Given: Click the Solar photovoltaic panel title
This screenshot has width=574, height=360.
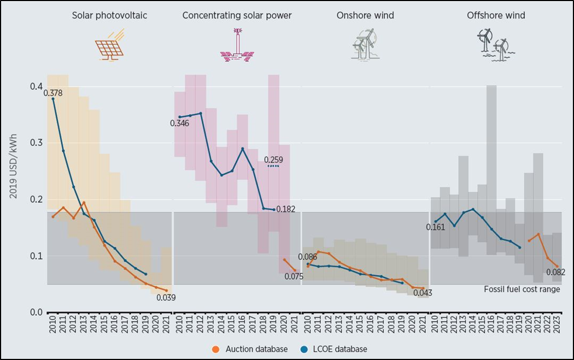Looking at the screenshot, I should point(109,15).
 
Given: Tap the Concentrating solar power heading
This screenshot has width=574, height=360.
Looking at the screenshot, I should point(237,15).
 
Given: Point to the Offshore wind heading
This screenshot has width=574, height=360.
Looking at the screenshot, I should point(496,15).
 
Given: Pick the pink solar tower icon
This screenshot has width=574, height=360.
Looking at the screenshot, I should point(237,44).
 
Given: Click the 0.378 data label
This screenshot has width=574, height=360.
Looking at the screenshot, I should point(53,93).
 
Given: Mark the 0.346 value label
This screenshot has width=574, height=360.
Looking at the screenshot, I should point(179,123).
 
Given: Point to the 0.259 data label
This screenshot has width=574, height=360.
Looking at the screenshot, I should point(273,160).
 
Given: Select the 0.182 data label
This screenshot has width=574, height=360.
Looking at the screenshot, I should point(286,209).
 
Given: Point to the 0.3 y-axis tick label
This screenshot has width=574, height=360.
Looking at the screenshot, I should point(36,143).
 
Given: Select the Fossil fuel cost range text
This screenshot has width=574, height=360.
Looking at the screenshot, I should point(522,289).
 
